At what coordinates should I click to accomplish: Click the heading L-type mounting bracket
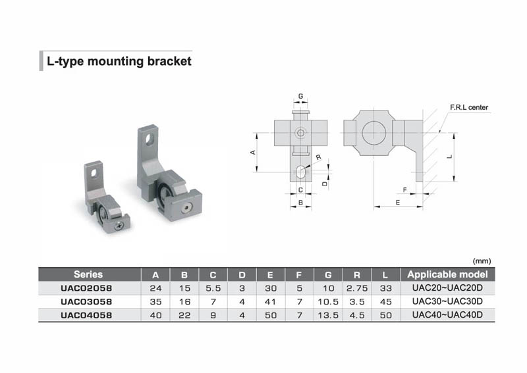tap(119, 61)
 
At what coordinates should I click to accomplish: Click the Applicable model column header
tap(448, 274)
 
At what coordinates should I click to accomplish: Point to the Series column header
tap(88, 274)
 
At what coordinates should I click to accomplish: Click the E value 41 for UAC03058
tap(270, 301)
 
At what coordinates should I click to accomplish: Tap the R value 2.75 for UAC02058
tap(357, 288)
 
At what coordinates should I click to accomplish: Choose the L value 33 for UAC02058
tap(386, 288)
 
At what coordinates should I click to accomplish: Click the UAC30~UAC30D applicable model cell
tap(448, 301)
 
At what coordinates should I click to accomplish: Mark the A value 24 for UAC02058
tap(155, 288)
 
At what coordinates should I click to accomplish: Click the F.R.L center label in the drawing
tap(468, 107)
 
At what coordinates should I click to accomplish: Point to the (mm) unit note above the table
tap(482, 261)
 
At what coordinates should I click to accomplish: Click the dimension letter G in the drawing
tap(300, 97)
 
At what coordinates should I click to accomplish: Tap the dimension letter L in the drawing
tap(448, 157)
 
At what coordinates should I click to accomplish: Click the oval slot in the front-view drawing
tap(300, 172)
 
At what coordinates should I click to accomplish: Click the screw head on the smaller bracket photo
tap(119, 225)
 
